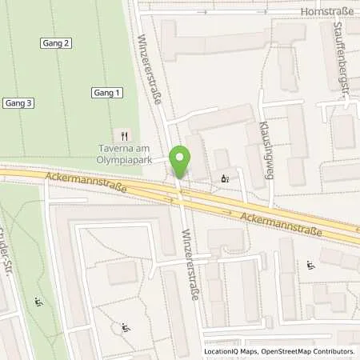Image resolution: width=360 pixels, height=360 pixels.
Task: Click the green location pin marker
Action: click(x=181, y=161)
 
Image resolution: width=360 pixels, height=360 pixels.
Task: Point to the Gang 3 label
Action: click(x=18, y=102)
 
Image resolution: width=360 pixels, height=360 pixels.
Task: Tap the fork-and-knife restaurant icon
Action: click(x=123, y=134)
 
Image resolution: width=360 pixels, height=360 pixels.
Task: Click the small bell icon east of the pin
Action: click(x=225, y=178)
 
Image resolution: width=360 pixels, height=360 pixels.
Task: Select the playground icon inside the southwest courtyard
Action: click(x=124, y=326)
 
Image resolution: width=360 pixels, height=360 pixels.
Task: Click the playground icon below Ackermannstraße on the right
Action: click(x=310, y=265)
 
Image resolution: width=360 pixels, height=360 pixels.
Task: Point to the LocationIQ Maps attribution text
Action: click(x=233, y=351)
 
